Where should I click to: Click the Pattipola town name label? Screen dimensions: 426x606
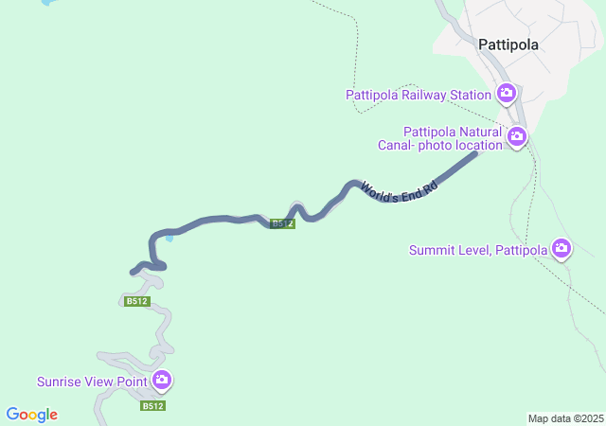[x=508, y=44]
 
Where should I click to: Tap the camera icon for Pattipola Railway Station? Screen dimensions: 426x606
[x=506, y=93]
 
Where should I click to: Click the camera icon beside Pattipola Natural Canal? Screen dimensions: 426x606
[x=516, y=138]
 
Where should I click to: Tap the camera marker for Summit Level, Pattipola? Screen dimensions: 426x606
[x=561, y=249]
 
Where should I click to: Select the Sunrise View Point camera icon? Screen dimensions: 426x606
[x=161, y=381]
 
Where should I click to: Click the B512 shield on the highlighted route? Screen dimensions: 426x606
[x=282, y=223]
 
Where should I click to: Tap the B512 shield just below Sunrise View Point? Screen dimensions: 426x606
[x=153, y=405]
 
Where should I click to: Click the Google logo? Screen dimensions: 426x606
[x=31, y=415]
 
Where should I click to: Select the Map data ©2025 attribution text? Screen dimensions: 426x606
[x=565, y=418]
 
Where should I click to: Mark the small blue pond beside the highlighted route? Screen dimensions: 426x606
[x=169, y=238]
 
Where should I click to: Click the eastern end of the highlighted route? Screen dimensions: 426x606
[x=475, y=153]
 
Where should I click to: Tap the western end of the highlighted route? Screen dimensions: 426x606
[x=133, y=273]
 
